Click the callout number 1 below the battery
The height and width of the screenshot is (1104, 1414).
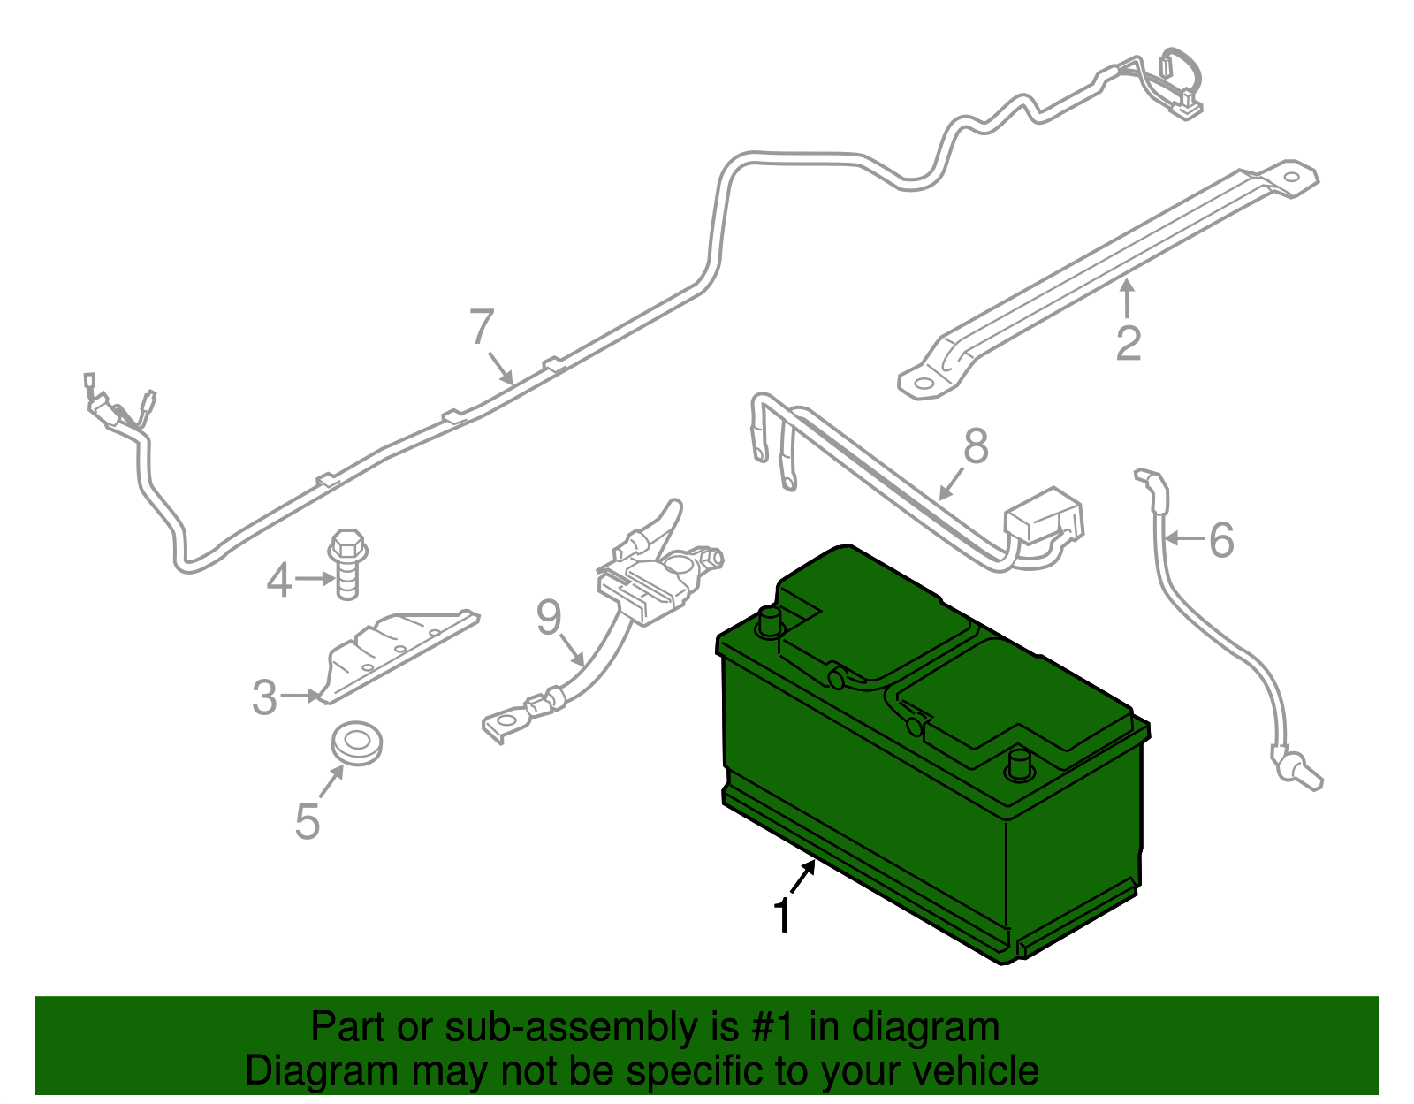[x=783, y=916]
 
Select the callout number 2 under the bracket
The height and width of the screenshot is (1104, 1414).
[x=1129, y=344]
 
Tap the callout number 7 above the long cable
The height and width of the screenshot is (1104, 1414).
[x=482, y=328]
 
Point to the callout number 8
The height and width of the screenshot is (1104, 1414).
[x=976, y=446]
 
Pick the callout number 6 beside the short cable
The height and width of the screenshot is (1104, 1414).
[x=1221, y=540]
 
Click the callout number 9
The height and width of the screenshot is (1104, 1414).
[x=549, y=618]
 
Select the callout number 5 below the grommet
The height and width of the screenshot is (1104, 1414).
[x=307, y=822]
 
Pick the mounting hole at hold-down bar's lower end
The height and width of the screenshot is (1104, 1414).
[x=921, y=384]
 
